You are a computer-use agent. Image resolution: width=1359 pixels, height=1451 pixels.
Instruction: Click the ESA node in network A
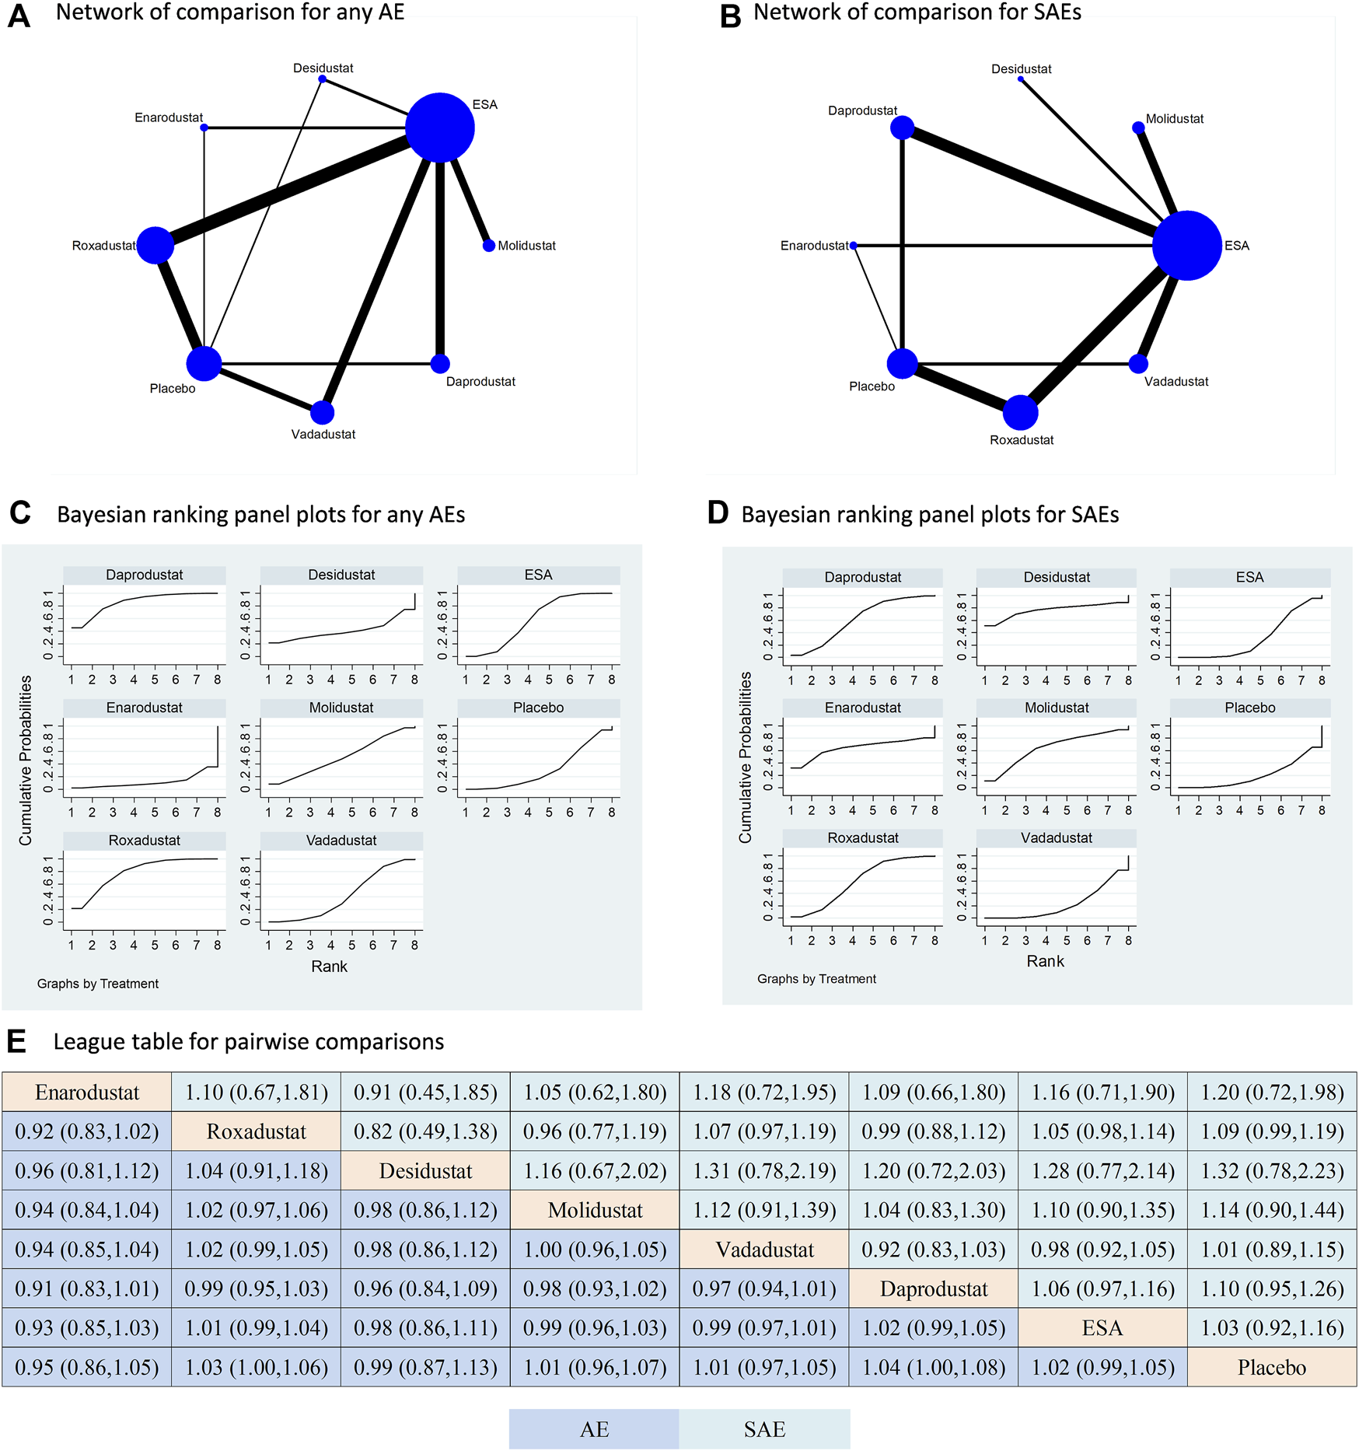[x=440, y=128]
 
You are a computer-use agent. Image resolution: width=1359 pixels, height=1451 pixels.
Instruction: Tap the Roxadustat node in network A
[x=155, y=246]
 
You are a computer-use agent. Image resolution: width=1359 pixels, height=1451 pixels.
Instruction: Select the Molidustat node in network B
[x=1138, y=128]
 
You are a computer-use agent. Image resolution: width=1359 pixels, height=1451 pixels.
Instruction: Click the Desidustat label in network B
[x=1021, y=69]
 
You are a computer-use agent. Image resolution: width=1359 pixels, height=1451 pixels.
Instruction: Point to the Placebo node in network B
[x=902, y=363]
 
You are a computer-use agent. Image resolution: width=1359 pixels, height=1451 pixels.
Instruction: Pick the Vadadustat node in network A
[x=323, y=412]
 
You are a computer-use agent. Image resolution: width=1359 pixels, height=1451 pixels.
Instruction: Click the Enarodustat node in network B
[x=854, y=246]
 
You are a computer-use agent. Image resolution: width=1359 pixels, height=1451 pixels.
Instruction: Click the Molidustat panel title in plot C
[x=341, y=708]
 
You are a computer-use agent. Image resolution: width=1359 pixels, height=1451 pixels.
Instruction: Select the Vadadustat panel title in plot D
[x=1056, y=837]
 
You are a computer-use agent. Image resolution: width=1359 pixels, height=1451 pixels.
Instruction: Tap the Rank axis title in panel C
[x=329, y=967]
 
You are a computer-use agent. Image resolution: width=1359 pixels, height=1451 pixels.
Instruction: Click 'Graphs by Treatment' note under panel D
[x=816, y=979]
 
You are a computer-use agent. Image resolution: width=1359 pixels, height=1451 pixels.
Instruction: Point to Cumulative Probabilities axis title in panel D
[x=746, y=757]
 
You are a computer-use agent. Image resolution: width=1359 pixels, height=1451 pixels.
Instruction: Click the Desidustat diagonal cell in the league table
[x=425, y=1171]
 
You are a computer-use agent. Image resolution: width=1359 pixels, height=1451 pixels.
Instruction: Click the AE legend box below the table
[x=594, y=1429]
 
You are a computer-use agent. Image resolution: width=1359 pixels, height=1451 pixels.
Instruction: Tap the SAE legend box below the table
[x=764, y=1429]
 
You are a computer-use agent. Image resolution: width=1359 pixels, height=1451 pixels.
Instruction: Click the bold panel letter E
[x=16, y=1042]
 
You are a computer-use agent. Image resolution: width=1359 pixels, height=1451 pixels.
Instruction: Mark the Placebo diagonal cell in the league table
[x=1272, y=1368]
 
